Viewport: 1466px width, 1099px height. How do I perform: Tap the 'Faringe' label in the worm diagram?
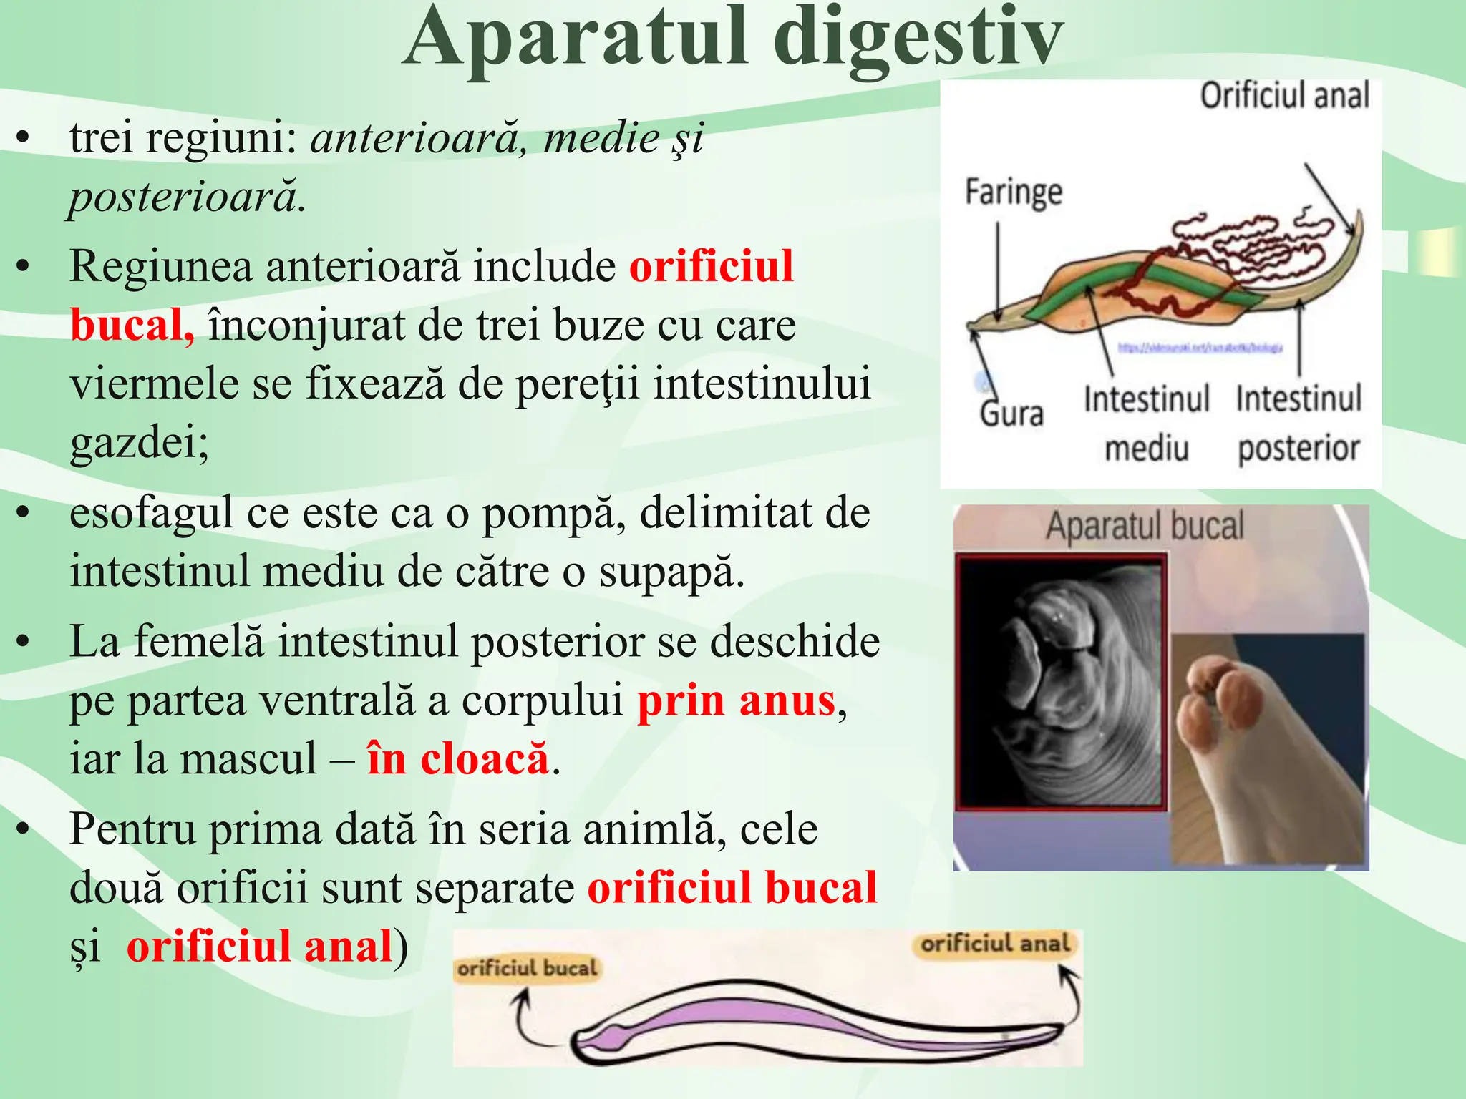coord(1013,192)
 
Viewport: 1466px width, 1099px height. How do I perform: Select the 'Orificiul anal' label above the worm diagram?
coord(1284,96)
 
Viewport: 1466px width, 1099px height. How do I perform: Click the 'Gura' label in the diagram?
coord(1011,414)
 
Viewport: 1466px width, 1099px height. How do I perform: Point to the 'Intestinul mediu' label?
coord(1146,423)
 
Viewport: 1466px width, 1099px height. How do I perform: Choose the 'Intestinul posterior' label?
coord(1298,423)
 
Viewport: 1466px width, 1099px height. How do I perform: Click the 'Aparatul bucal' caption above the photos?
coord(1145,526)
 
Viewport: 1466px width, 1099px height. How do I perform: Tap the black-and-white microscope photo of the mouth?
coord(1060,683)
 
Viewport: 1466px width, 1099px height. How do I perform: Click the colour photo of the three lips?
coord(1268,748)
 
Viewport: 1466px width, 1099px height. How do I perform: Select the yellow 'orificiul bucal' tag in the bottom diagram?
coord(527,968)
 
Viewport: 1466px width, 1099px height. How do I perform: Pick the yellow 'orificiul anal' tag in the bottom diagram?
coord(995,944)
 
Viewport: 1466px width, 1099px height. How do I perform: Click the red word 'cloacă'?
coord(485,759)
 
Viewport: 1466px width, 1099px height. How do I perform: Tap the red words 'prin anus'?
coord(736,700)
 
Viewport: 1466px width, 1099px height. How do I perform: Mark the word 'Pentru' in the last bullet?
coord(132,829)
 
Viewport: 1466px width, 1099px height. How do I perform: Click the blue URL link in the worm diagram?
coord(1200,348)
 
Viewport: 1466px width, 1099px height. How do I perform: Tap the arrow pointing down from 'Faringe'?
coord(998,272)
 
